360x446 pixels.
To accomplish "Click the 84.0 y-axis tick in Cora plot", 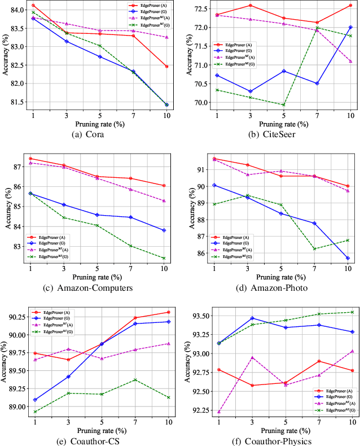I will coord(16,10).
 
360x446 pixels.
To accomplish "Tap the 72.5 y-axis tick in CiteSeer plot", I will coord(200,9).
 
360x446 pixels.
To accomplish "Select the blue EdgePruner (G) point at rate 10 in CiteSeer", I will coord(351,27).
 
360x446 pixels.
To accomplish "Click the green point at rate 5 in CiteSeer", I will coord(283,105).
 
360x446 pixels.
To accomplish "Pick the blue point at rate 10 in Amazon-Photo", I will coord(348,258).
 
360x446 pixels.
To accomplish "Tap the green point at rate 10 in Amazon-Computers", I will coord(164,258).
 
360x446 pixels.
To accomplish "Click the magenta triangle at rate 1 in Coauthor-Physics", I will coord(219,412).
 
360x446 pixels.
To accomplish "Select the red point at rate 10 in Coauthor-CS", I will coord(168,312).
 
